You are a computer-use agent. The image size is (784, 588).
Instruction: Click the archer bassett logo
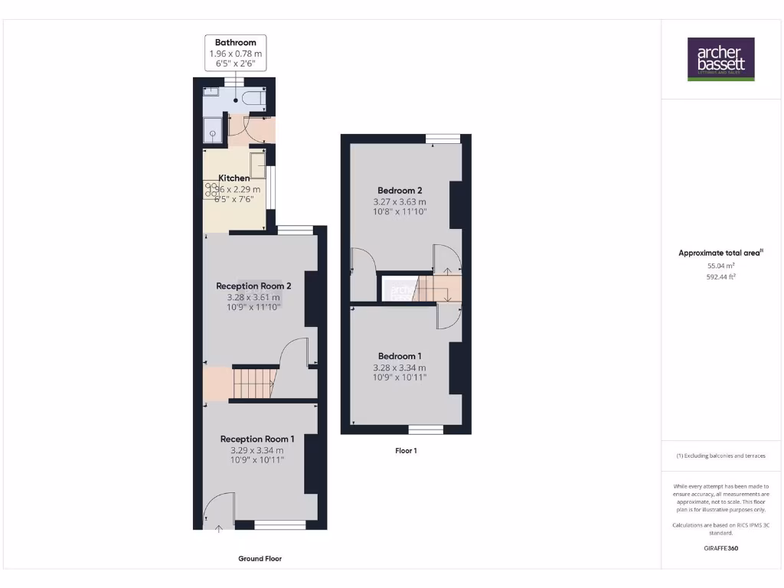click(x=720, y=59)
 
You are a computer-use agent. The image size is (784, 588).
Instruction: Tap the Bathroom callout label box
click(x=235, y=54)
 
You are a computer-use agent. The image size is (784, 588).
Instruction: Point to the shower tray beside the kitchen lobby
click(x=212, y=131)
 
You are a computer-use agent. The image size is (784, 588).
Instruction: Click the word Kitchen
click(x=234, y=178)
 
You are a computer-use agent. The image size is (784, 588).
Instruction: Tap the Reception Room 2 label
click(x=253, y=286)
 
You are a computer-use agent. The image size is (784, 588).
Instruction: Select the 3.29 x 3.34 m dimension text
click(x=256, y=450)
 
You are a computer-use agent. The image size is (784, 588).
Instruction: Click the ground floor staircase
click(x=252, y=383)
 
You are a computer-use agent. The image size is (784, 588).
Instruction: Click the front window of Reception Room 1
click(x=279, y=524)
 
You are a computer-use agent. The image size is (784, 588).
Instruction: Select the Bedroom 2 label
click(x=400, y=190)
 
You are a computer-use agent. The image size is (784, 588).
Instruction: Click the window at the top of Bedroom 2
click(x=443, y=139)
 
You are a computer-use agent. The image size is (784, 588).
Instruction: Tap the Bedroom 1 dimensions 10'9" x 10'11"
click(x=400, y=377)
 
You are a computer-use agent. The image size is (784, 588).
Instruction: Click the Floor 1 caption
click(x=406, y=451)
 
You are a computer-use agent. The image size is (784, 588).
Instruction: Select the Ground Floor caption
click(x=260, y=559)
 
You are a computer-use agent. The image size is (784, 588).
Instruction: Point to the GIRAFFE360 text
click(x=720, y=548)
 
